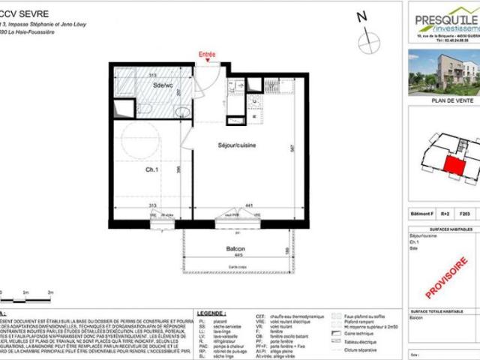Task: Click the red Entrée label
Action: [206, 55]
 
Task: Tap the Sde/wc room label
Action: [163, 86]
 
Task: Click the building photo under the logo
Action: [443, 72]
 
